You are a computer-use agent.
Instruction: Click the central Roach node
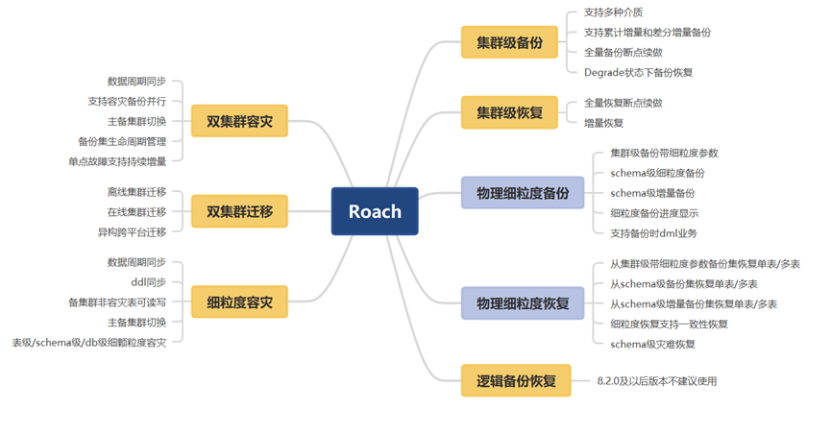coord(375,210)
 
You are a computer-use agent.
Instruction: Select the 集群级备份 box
coord(509,42)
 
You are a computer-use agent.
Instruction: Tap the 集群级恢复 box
coord(509,112)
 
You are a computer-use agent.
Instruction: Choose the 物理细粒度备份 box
coord(523,192)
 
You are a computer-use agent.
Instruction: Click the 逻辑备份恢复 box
coord(516,380)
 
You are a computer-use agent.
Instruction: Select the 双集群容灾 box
coord(239,122)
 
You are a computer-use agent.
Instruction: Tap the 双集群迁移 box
coord(239,210)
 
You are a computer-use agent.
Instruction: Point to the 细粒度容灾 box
coord(239,301)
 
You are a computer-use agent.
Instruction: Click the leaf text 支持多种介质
coord(615,13)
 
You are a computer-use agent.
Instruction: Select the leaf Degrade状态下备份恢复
coord(638,72)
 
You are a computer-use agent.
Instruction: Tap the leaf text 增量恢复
coord(603,122)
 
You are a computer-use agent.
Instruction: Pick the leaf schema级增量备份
coord(652,193)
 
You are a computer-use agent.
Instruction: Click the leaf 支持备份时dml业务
coord(653,233)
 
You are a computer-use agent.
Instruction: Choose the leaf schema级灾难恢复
coord(653,344)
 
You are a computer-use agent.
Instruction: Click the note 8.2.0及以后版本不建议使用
coord(656,381)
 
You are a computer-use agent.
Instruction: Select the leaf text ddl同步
coord(148,282)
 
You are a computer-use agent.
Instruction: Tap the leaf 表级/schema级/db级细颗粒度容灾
coord(88,342)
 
